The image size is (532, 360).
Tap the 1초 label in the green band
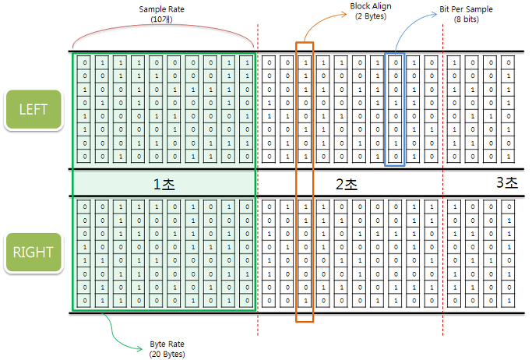tap(164, 184)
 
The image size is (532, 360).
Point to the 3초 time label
tap(507, 183)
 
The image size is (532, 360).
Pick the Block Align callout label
tap(369, 5)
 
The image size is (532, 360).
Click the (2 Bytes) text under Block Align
tap(369, 16)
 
